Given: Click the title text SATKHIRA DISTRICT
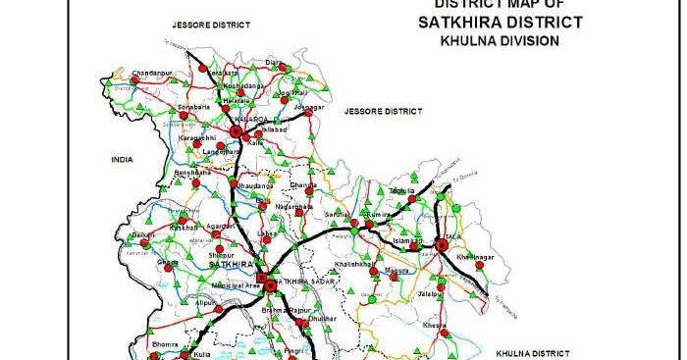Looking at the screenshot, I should pyautogui.click(x=501, y=23).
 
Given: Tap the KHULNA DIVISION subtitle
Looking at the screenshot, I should pyautogui.click(x=501, y=41).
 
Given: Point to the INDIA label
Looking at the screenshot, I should pyautogui.click(x=122, y=158).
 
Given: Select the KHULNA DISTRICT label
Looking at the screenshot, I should pyautogui.click(x=531, y=350).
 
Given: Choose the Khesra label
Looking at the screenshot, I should pyautogui.click(x=434, y=324).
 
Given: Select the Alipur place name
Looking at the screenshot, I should pyautogui.click(x=205, y=304).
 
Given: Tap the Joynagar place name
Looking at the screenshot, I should pyautogui.click(x=308, y=103).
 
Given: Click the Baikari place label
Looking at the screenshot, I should pyautogui.click(x=143, y=235).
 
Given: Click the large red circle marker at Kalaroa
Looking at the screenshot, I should pyautogui.click(x=236, y=131).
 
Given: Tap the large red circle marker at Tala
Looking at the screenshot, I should pyautogui.click(x=442, y=244).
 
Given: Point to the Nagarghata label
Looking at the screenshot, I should pyautogui.click(x=294, y=207).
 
